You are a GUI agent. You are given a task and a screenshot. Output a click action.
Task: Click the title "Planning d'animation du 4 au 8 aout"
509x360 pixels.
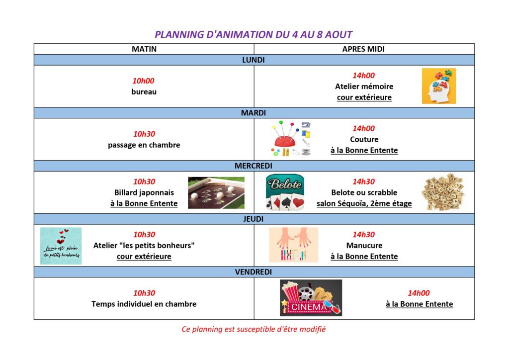click(253, 34)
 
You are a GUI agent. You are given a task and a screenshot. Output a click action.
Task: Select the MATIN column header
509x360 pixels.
click(144, 49)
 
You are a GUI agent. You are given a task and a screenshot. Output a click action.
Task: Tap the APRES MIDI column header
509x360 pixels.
click(363, 49)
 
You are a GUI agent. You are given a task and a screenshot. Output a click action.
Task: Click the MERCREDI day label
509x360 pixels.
click(254, 166)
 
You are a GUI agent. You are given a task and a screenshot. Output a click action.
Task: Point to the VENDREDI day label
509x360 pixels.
click(254, 272)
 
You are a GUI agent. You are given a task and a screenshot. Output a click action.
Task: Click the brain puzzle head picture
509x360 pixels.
click(439, 86)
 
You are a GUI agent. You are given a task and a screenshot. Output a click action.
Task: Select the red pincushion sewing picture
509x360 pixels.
click(290, 139)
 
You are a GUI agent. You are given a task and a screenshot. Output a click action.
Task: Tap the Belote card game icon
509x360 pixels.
click(285, 192)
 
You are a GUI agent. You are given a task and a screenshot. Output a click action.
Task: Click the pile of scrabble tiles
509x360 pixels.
click(443, 192)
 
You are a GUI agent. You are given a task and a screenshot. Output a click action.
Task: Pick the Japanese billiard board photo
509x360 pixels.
click(216, 192)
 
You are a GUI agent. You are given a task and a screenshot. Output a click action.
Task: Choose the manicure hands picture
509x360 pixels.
click(293, 245)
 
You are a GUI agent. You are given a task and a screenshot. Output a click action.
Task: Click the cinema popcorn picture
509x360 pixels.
click(311, 298)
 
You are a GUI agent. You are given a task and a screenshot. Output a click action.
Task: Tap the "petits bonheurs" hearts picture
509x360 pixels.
click(61, 246)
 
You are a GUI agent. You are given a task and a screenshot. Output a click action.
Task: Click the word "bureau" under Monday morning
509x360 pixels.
click(144, 92)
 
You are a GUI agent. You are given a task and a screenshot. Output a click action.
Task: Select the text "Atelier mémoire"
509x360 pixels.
click(364, 87)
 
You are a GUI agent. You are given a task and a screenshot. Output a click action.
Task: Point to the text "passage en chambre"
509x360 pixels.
click(144, 145)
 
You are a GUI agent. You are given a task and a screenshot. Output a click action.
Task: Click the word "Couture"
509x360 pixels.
click(364, 139)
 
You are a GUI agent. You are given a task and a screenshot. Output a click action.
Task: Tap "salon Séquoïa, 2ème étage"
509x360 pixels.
click(364, 203)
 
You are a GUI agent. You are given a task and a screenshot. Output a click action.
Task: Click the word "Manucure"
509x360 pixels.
click(364, 246)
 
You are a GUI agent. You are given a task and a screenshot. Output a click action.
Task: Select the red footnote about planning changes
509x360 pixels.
click(254, 329)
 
